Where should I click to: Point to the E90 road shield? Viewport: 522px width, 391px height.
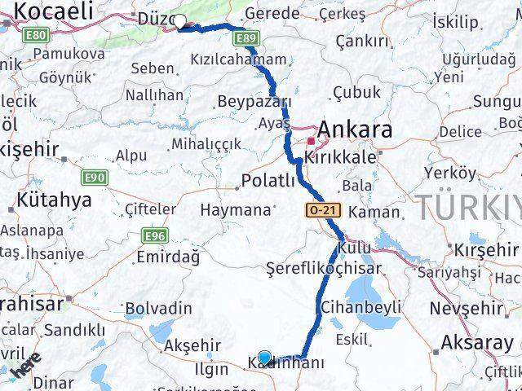click(94, 177)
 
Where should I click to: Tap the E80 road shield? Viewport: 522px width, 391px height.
click(36, 36)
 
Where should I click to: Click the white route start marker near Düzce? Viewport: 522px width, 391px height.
click(180, 23)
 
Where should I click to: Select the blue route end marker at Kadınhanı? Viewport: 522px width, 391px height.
click(264, 358)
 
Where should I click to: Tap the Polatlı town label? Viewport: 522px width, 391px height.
click(268, 181)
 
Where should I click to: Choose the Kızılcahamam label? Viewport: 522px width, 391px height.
click(238, 59)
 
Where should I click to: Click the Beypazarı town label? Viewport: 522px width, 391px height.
click(254, 102)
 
